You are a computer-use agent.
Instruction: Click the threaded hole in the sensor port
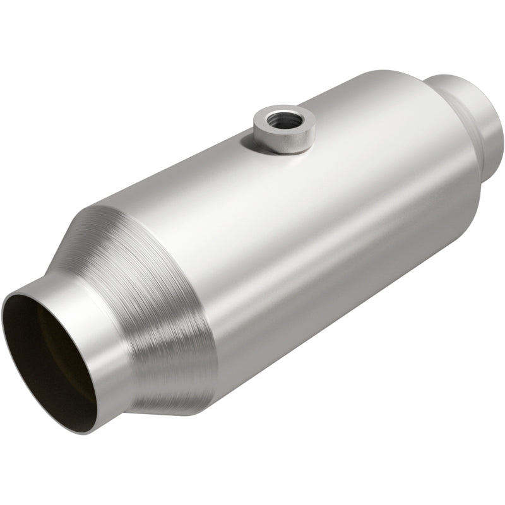coord(280,117)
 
